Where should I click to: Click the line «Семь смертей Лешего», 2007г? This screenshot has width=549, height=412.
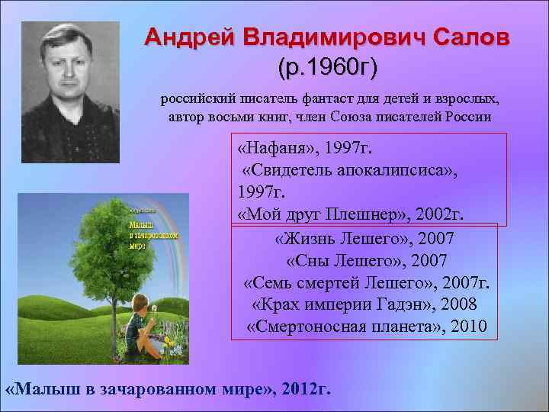(367, 283)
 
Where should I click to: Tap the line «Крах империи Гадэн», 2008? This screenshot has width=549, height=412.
(364, 305)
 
